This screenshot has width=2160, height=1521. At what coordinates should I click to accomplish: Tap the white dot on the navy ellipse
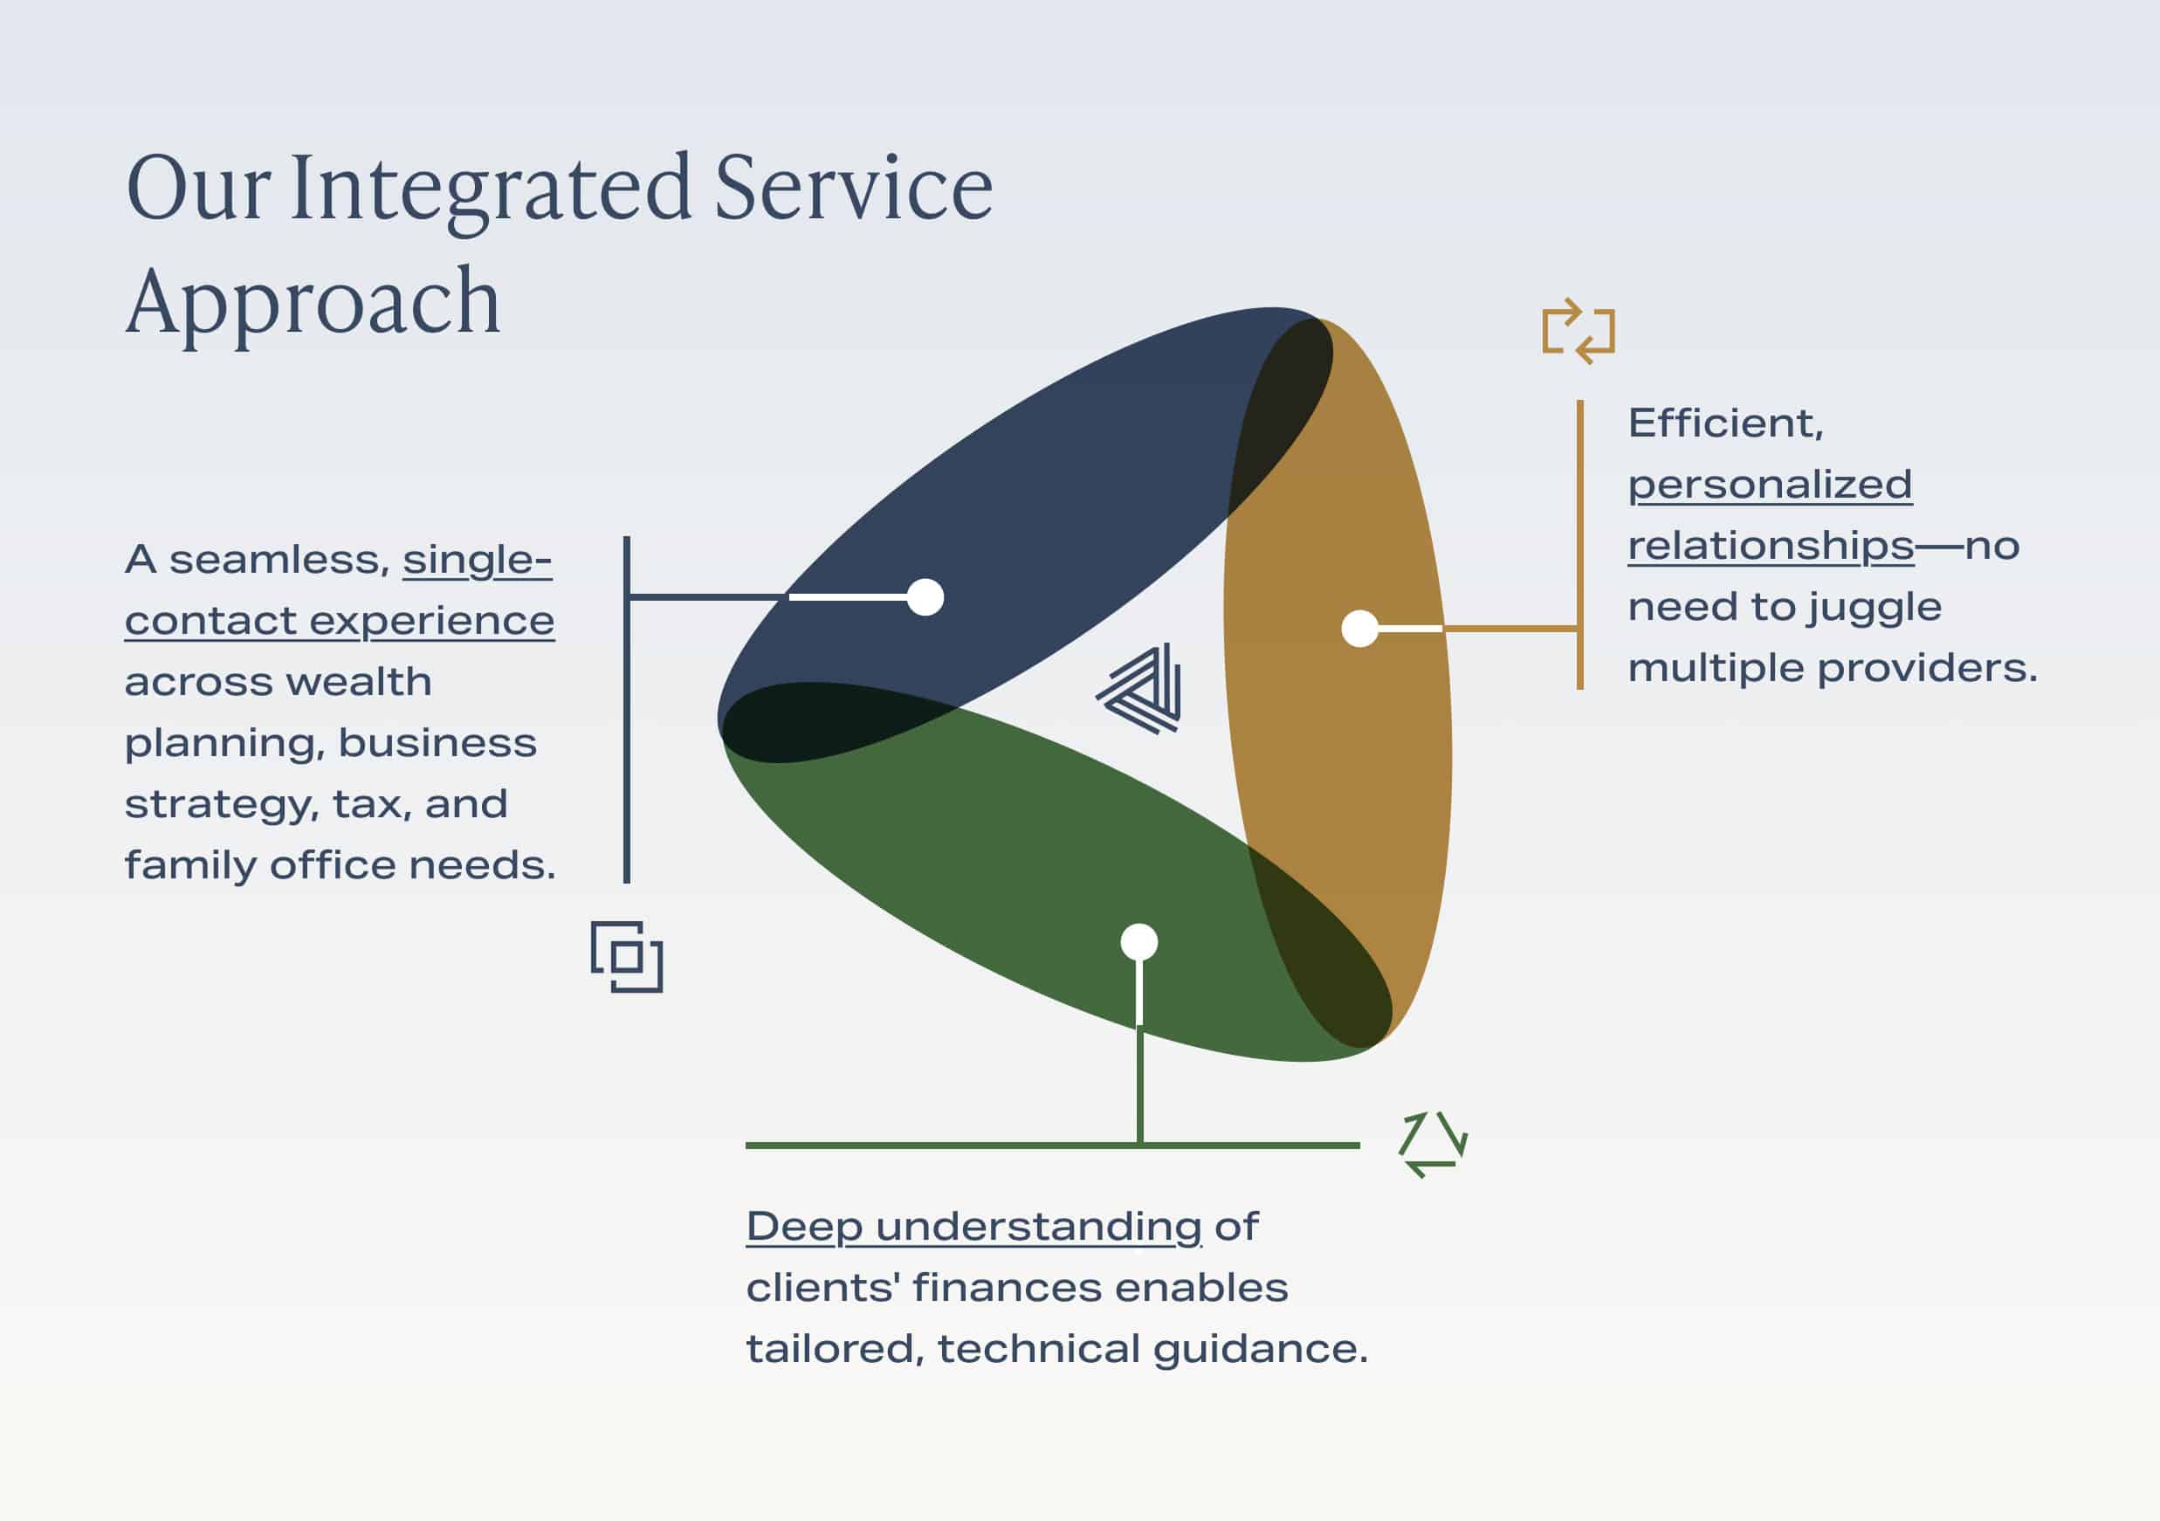pyautogui.click(x=925, y=597)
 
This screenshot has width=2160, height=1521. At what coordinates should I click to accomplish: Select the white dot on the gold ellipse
pyautogui.click(x=1359, y=629)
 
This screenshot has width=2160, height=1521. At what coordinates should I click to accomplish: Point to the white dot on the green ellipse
pyautogui.click(x=1139, y=941)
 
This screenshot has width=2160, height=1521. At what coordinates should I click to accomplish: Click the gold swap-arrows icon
pyautogui.click(x=1579, y=331)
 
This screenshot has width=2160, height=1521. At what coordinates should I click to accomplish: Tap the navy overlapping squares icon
pyautogui.click(x=627, y=957)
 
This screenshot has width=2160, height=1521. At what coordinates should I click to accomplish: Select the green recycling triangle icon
pyautogui.click(x=1433, y=1144)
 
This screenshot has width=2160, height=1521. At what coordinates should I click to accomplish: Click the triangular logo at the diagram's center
pyautogui.click(x=1139, y=689)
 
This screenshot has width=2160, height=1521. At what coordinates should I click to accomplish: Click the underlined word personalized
pyautogui.click(x=1770, y=485)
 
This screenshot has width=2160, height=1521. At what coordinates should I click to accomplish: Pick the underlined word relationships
pyautogui.click(x=1771, y=547)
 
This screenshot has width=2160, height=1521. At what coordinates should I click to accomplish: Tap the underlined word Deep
pyautogui.click(x=804, y=1228)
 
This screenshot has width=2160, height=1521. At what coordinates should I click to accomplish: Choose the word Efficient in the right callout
pyautogui.click(x=1725, y=424)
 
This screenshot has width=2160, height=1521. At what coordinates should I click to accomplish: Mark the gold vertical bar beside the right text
pyautogui.click(x=1580, y=545)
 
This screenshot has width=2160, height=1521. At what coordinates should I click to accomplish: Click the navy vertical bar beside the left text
pyautogui.click(x=627, y=709)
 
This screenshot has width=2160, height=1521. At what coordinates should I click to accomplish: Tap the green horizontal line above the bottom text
pyautogui.click(x=1053, y=1146)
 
